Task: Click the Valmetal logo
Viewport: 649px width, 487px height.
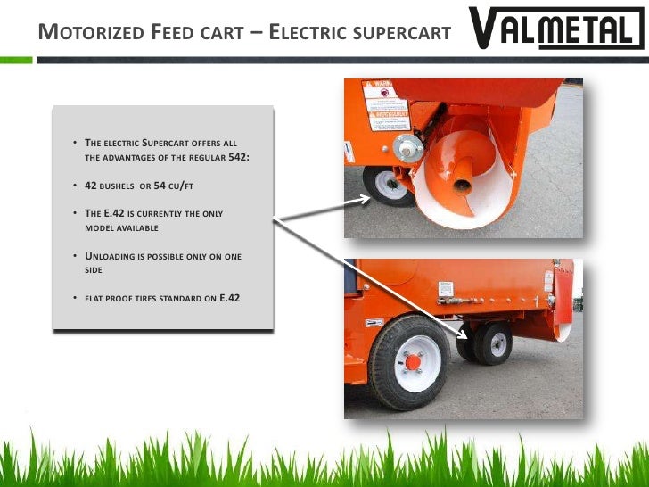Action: coord(555,30)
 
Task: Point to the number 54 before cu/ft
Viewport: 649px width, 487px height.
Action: coord(167,186)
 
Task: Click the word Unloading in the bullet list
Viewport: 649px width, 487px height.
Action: coord(113,257)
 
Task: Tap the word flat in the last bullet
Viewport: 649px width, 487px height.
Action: coord(94,297)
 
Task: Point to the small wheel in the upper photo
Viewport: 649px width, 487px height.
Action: coord(388,184)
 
